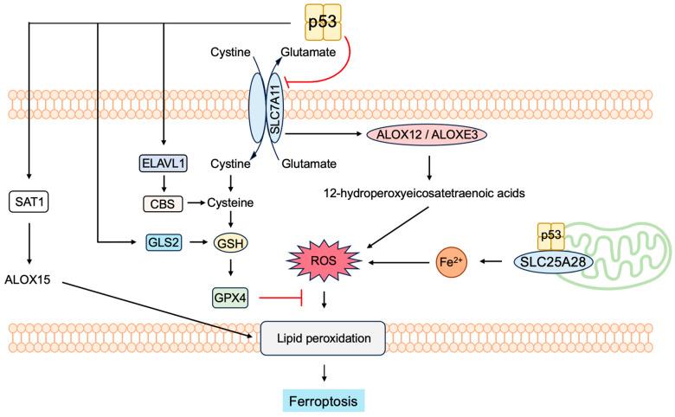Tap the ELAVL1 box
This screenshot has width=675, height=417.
pos(164,162)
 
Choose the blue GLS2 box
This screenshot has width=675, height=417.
pos(164,244)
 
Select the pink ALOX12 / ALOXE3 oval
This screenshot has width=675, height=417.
pos(418,135)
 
